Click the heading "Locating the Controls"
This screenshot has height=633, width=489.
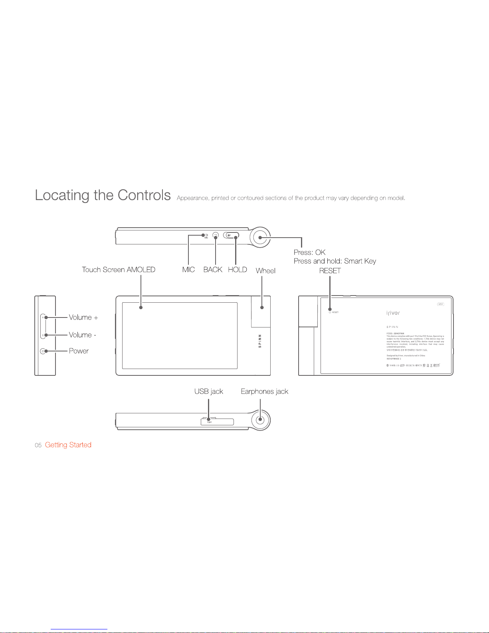click(x=103, y=195)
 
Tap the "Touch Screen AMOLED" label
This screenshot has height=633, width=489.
click(x=119, y=270)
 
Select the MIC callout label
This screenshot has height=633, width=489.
click(x=188, y=270)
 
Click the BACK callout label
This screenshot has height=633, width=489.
click(x=213, y=270)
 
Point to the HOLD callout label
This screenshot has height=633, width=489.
click(x=238, y=270)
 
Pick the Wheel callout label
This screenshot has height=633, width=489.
click(x=265, y=271)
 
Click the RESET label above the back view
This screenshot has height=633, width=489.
click(x=330, y=271)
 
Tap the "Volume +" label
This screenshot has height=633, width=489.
click(x=83, y=317)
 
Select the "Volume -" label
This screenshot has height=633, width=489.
click(x=83, y=335)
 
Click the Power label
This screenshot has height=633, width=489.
click(x=79, y=351)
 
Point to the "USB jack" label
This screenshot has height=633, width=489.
click(x=209, y=391)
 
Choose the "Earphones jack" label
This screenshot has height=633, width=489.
click(x=265, y=391)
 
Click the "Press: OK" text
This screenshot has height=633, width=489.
click(x=309, y=252)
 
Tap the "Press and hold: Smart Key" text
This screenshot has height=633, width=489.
click(x=335, y=261)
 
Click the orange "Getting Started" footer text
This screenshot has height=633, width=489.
click(x=68, y=445)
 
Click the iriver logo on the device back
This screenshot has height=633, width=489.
click(x=393, y=313)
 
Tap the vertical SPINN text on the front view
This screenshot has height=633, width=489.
click(x=260, y=341)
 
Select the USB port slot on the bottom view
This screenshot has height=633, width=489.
click(x=217, y=422)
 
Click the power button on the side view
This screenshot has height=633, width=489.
click(x=42, y=351)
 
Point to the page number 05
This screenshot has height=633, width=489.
click(x=38, y=445)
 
